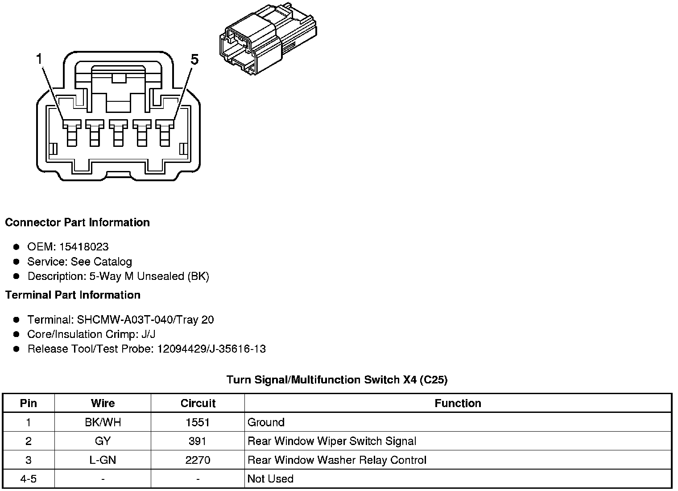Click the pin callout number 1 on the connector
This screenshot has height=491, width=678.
(x=39, y=58)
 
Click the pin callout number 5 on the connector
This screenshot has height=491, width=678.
(x=194, y=59)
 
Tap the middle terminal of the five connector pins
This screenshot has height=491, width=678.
(x=118, y=133)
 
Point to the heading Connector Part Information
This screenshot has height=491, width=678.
(x=77, y=222)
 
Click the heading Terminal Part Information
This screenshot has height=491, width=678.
(x=73, y=295)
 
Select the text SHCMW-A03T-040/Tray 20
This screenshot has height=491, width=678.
(x=145, y=320)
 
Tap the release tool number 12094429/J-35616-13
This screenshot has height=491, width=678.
(x=211, y=349)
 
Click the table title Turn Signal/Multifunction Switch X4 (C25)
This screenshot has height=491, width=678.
(x=337, y=380)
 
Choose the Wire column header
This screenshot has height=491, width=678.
(x=103, y=403)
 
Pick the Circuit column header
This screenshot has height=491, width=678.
(x=198, y=403)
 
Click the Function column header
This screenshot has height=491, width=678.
(x=458, y=403)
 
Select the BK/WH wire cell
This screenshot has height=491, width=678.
(x=103, y=422)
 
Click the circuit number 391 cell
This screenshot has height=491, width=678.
(x=198, y=441)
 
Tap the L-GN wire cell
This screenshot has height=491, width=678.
(x=103, y=460)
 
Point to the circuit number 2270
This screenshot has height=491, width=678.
(x=198, y=460)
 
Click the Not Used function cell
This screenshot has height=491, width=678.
(x=270, y=479)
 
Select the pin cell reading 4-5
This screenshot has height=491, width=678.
(x=29, y=479)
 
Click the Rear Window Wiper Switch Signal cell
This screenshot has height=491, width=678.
(x=331, y=441)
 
